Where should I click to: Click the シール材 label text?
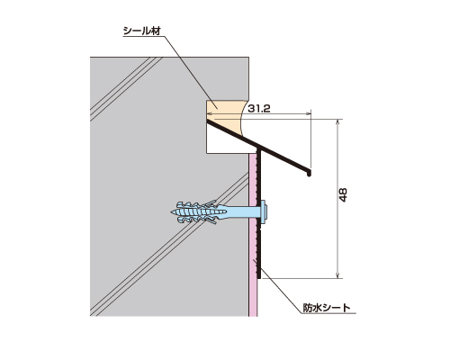coord(142,31)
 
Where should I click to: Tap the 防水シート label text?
coord(327,308)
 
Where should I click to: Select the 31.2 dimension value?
coord(259,109)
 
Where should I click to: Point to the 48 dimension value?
coord(343,194)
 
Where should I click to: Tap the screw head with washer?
coord(264,211)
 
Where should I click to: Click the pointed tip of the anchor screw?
coord(171,211)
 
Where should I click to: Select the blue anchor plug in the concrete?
coord(204,212)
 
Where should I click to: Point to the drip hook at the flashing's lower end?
coord(310,174)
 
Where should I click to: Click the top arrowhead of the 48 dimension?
coord(338,121)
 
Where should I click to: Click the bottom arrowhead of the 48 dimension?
coord(338,276)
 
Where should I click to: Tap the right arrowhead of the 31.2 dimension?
coord(309,113)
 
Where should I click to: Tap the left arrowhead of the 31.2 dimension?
coord(210,113)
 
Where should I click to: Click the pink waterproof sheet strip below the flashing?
coord(253,234)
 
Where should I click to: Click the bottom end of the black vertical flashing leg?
coord(259,277)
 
